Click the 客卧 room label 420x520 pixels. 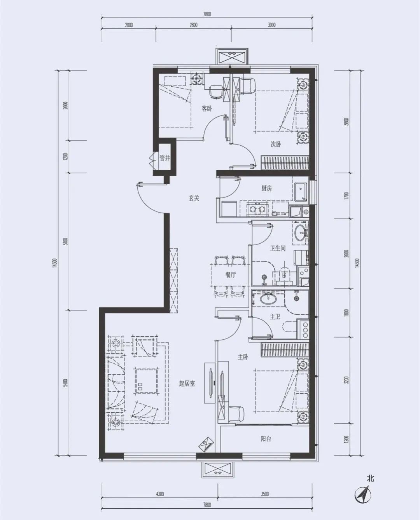click(207, 108)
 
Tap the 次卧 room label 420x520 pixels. click(276, 144)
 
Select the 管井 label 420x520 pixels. click(164, 158)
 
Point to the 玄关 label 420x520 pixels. click(194, 198)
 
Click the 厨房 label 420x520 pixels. click(266, 188)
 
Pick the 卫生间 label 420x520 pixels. click(278, 248)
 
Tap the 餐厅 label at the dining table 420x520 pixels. click(230, 275)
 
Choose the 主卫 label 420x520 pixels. click(275, 317)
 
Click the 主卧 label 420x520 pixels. click(243, 357)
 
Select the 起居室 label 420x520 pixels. click(187, 384)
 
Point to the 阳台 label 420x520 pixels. click(266, 439)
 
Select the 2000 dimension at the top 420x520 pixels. click(129, 25)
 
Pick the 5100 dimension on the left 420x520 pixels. click(65, 241)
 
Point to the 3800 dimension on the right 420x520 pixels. click(346, 122)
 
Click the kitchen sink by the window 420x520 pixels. click(301, 192)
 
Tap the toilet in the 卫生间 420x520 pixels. click(284, 276)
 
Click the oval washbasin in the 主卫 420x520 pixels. click(268, 298)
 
